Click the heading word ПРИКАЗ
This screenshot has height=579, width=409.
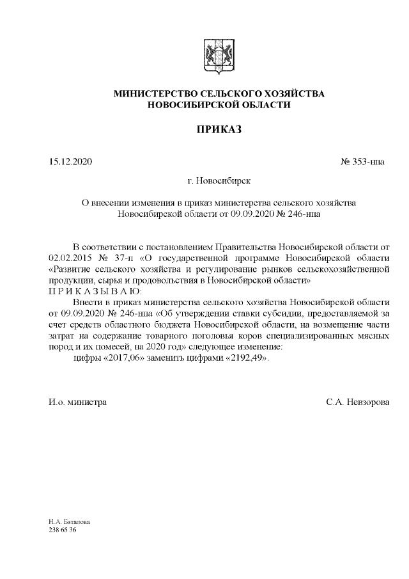pyautogui.click(x=218, y=130)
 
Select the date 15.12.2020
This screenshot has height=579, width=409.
pyautogui.click(x=70, y=161)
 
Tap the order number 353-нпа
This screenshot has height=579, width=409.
pyautogui.click(x=366, y=161)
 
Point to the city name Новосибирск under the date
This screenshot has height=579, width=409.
pyautogui.click(x=224, y=182)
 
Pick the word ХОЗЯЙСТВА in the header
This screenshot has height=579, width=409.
pyautogui.click(x=291, y=94)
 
